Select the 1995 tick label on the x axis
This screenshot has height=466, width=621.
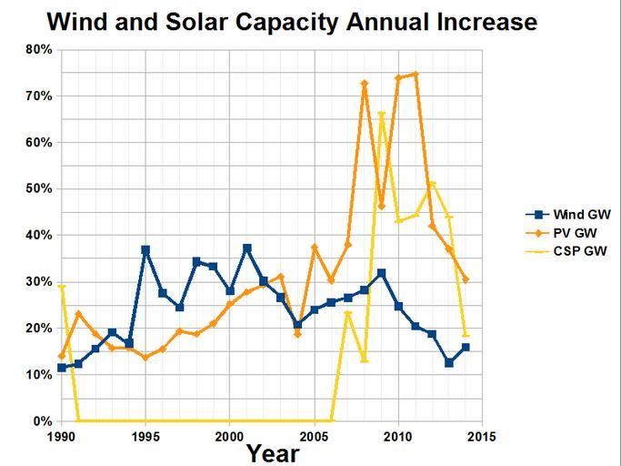tap(145, 437)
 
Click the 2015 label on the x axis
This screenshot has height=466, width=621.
tap(482, 437)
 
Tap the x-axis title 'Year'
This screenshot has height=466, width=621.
tap(273, 452)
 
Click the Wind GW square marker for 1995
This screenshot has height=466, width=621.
tap(145, 249)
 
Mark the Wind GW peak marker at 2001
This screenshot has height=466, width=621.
tap(246, 248)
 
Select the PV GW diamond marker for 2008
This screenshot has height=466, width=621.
tap(365, 84)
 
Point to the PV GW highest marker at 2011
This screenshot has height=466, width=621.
tap(415, 75)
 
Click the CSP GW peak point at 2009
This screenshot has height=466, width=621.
tap(381, 114)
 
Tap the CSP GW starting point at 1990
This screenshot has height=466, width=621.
tap(62, 287)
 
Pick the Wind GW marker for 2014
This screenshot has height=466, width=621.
tap(466, 347)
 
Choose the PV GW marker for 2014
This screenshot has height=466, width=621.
tap(466, 279)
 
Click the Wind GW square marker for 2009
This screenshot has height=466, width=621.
tap(381, 273)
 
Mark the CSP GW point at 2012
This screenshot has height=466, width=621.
tap(432, 184)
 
